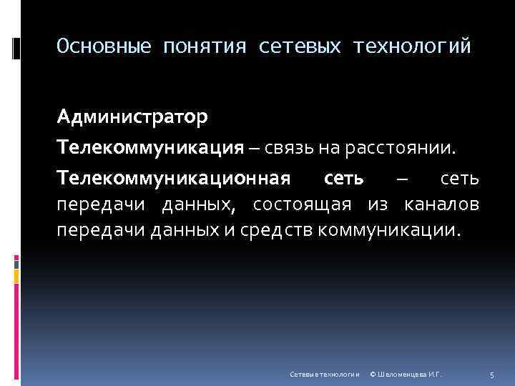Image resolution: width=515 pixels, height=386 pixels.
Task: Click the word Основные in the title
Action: (x=104, y=47)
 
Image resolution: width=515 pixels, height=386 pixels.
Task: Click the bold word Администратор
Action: (x=133, y=117)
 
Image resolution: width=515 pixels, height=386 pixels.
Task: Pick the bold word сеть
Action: (x=344, y=178)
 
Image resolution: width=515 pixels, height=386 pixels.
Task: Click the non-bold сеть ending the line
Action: (x=458, y=178)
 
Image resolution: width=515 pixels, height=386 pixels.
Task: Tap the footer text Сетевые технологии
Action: (x=323, y=374)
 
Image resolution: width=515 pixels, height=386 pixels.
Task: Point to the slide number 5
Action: (x=492, y=374)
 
